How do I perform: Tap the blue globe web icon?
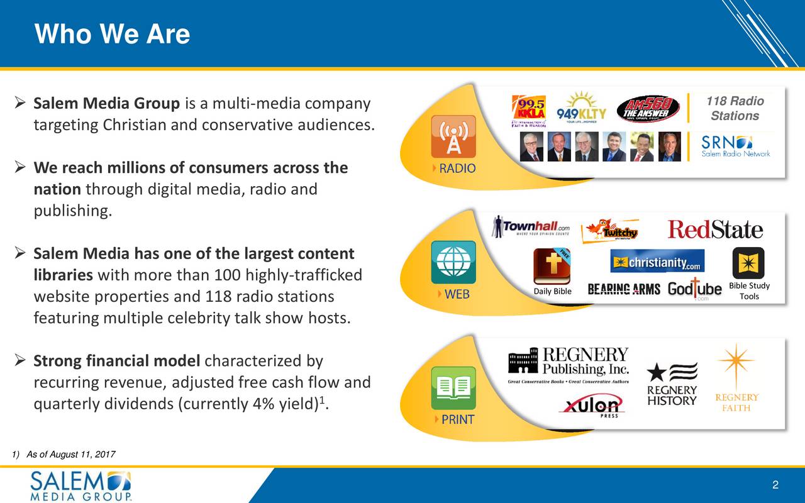pos(453,262)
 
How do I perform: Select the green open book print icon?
pos(453,388)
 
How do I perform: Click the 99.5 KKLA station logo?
pos(529,112)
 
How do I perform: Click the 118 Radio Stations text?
pos(735,108)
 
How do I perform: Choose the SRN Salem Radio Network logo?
pos(735,146)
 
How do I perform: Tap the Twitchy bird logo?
pos(609,231)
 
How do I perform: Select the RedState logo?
pos(715,229)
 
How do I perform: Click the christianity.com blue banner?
pos(657,261)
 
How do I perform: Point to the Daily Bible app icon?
pos(552,267)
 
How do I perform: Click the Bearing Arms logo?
pos(624,289)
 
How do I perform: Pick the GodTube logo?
pos(694,289)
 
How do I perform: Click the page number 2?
pos(775,485)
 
